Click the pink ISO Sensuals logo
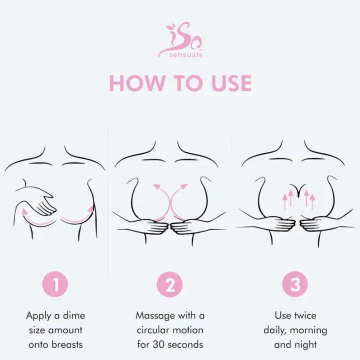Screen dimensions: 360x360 click(180, 40)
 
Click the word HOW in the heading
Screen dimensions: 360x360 click(136, 83)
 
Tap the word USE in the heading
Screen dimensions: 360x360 click(231, 83)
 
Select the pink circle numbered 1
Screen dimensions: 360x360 click(55, 284)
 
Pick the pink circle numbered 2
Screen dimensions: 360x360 click(169, 284)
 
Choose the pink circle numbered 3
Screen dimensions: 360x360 click(295, 284)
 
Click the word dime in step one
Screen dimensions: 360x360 click(74, 315)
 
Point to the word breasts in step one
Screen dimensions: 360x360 click(67, 344)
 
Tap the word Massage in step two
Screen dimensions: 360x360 click(155, 316)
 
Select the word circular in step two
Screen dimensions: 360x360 click(153, 330)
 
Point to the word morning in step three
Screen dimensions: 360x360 click(308, 330)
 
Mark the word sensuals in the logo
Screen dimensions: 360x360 click(185, 54)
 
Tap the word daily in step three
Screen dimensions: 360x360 click(275, 330)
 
